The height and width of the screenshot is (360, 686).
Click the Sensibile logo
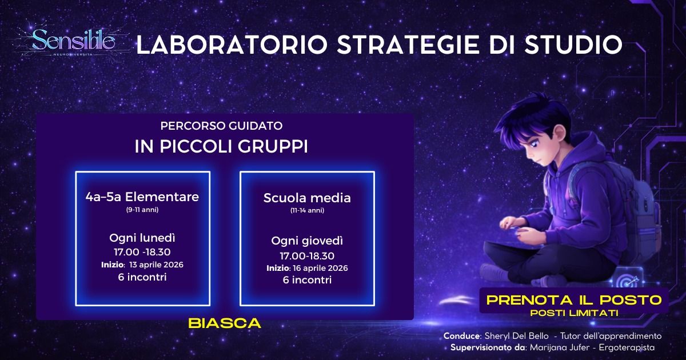point(73,41)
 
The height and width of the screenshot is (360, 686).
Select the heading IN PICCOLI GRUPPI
point(221,146)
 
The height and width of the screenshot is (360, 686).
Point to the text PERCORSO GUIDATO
point(221,125)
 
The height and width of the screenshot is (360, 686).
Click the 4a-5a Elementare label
point(142,197)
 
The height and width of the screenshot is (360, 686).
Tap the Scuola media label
point(307,198)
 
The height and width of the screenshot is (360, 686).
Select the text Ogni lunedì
point(142,237)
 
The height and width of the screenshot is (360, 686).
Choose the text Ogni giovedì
point(307,241)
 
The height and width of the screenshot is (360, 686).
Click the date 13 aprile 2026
point(157,265)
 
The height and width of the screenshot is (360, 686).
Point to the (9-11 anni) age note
point(142,210)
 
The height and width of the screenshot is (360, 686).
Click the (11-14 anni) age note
point(307,210)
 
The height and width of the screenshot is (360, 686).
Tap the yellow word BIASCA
point(225,323)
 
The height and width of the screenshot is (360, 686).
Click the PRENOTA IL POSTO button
point(573,299)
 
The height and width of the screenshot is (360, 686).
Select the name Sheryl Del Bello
point(510,336)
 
